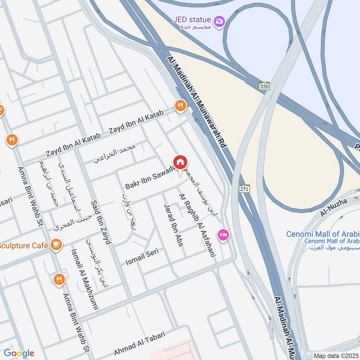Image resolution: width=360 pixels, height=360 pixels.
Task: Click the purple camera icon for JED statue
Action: [220, 21]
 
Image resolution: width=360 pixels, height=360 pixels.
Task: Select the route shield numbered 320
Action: [264, 85]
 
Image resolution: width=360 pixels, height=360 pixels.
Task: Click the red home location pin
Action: [180, 163]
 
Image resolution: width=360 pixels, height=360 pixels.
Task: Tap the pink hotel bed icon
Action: [223, 235]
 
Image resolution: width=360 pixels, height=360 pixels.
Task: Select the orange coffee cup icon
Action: [56, 244]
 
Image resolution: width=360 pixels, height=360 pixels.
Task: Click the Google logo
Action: [18, 353]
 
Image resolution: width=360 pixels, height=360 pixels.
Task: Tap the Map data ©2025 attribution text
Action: [336, 355]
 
